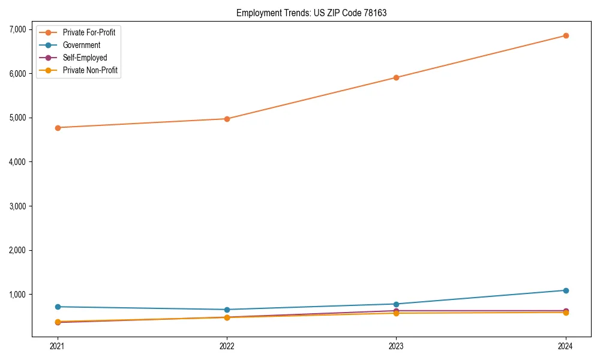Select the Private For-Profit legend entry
[x=89, y=32]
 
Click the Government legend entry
[x=82, y=45]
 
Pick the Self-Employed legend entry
[x=85, y=58]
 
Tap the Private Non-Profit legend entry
[x=90, y=70]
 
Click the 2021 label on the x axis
[x=58, y=346]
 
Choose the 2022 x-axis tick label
[x=227, y=346]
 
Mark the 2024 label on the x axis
[x=566, y=346]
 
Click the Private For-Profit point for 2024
[x=566, y=35]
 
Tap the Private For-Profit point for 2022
[x=227, y=119]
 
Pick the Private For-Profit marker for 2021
[x=58, y=128]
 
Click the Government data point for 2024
[x=566, y=290]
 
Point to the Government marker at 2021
[x=58, y=307]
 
